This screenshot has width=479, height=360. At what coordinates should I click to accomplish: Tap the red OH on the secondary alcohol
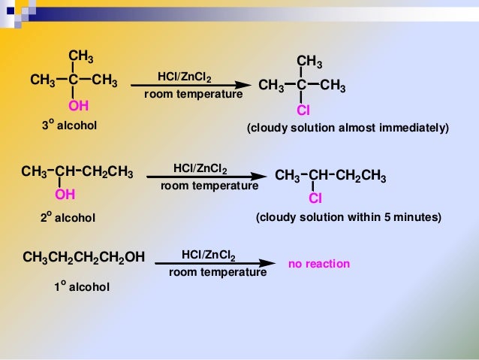pyautogui.click(x=65, y=195)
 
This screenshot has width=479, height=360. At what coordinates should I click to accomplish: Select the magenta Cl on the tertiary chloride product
pyautogui.click(x=303, y=110)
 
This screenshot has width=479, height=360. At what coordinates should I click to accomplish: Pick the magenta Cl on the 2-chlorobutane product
pyautogui.click(x=316, y=199)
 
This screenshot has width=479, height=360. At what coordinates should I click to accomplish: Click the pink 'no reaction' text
pyautogui.click(x=319, y=265)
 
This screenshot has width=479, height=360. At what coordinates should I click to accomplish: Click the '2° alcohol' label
pyautogui.click(x=68, y=217)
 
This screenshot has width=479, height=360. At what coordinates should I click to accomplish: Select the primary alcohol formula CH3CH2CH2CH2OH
pyautogui.click(x=83, y=259)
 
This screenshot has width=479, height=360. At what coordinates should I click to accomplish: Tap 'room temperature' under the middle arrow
pyautogui.click(x=209, y=185)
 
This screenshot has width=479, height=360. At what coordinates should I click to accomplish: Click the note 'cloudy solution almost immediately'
pyautogui.click(x=348, y=129)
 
